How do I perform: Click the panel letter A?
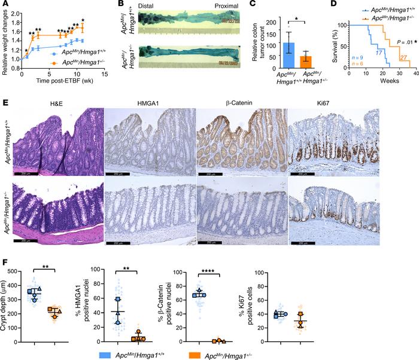(4, 5)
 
